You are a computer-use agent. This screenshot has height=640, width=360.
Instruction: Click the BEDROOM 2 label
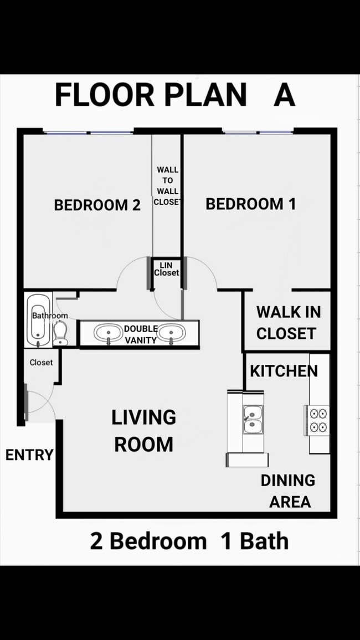click(97, 205)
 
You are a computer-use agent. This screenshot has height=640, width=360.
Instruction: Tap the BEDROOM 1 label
click(250, 204)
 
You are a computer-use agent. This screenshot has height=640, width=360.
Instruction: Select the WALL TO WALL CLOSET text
click(167, 185)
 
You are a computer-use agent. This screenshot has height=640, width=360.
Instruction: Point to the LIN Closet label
click(166, 269)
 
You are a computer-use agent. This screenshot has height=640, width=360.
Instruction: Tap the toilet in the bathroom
click(61, 333)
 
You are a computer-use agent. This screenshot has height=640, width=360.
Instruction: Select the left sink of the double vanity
click(107, 333)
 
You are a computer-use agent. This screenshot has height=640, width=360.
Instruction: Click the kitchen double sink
click(253, 419)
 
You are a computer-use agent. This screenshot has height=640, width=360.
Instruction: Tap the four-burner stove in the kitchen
click(319, 420)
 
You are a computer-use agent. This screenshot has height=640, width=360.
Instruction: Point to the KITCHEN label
click(284, 371)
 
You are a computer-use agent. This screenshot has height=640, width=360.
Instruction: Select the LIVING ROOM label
click(144, 431)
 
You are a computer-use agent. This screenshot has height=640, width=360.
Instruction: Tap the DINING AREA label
click(289, 491)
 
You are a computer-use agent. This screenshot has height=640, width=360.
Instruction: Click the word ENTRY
click(29, 455)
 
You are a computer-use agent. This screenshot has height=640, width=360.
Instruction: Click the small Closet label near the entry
click(41, 363)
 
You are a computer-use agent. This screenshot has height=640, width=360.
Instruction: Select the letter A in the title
click(284, 95)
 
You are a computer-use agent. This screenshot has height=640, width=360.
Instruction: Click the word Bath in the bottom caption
click(264, 541)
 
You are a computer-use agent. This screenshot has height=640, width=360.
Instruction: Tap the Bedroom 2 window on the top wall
click(89, 132)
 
